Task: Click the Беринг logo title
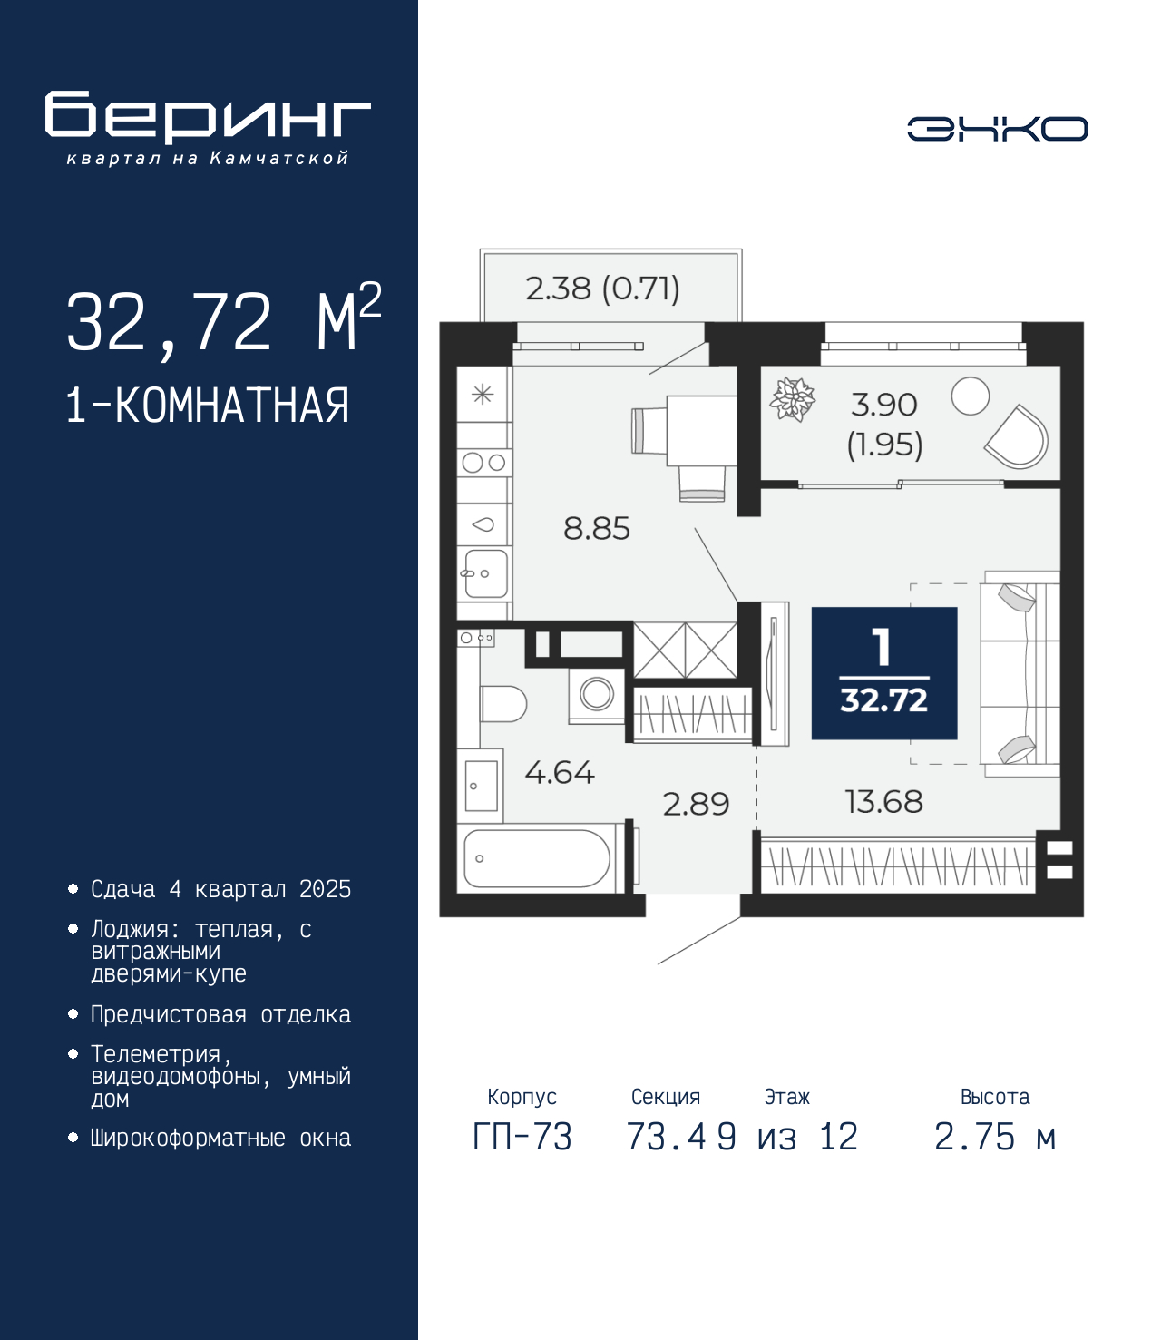click(x=208, y=117)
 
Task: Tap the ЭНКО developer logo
click(x=997, y=128)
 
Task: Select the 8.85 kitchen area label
click(x=597, y=529)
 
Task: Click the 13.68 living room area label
click(x=883, y=802)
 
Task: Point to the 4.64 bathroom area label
click(x=560, y=773)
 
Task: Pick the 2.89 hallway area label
click(x=697, y=804)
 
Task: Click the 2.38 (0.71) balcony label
click(x=602, y=289)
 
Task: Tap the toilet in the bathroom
click(x=503, y=704)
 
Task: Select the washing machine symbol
click(x=597, y=696)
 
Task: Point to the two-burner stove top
click(x=483, y=463)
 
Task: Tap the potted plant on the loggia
click(x=792, y=399)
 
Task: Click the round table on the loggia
click(x=970, y=396)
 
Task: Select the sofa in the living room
click(x=1019, y=673)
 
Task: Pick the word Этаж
click(x=787, y=1097)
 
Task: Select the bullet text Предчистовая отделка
click(x=220, y=1014)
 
